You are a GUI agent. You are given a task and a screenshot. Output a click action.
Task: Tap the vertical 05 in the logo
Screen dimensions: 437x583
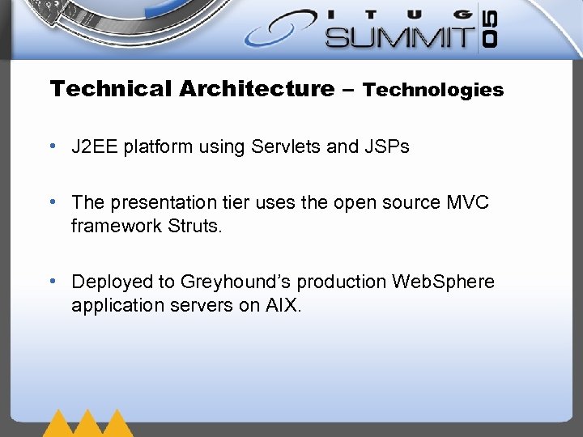491,30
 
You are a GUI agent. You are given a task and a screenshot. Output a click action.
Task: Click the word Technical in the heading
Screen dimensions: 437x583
111,89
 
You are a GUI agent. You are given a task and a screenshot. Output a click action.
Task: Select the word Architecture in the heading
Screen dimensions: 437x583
257,89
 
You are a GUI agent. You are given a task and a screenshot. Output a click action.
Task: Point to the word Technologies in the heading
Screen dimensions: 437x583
433,90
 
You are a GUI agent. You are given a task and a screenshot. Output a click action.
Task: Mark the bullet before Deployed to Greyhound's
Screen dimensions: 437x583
52,282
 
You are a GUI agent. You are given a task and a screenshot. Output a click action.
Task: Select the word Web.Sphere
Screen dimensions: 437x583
443,282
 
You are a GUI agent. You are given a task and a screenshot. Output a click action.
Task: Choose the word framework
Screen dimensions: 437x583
117,226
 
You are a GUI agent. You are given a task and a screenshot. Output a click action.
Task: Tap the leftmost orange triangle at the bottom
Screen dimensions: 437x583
59,424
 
